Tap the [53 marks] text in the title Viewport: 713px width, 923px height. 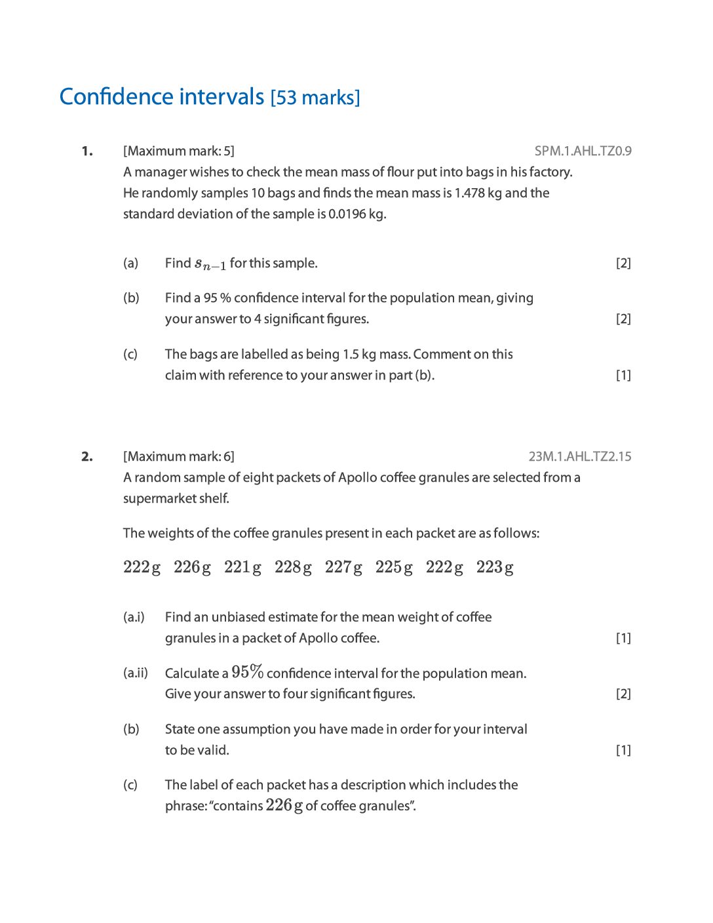(x=315, y=98)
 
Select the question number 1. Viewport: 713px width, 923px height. (x=87, y=151)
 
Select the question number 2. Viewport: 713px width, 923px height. (x=87, y=457)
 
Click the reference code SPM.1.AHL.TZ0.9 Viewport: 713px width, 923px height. (x=583, y=151)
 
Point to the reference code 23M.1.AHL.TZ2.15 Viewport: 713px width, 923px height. (x=580, y=457)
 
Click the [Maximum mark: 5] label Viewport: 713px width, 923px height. (x=178, y=151)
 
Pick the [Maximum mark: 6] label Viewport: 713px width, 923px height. (x=178, y=457)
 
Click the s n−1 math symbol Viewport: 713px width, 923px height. (x=210, y=264)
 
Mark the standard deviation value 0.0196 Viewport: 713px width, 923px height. (x=347, y=214)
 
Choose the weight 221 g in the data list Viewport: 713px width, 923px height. (x=242, y=567)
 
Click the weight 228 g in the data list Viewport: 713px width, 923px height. (x=293, y=567)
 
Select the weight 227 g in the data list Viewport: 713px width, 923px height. (x=343, y=567)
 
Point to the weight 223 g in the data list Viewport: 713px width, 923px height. (x=495, y=567)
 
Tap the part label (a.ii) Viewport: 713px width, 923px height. (x=136, y=673)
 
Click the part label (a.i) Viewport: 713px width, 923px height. (x=134, y=618)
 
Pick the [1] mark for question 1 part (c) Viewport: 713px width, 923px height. (x=623, y=376)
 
